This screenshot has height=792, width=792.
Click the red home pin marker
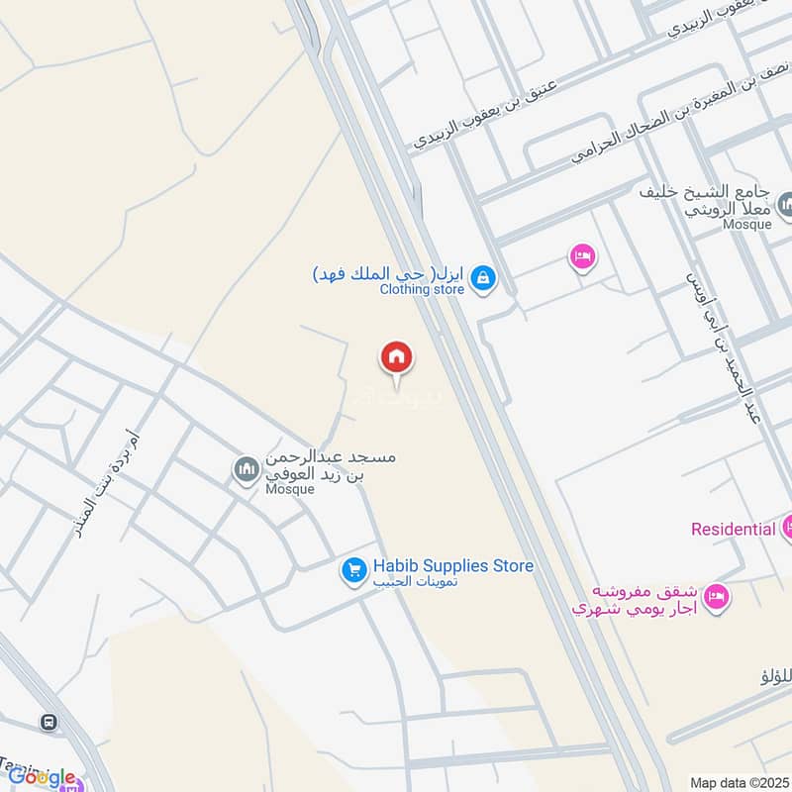pos(397,357)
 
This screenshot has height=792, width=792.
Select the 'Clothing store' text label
pos(422,290)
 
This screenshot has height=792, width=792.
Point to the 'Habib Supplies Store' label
pos(452,565)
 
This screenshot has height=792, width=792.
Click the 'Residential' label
pos(733,529)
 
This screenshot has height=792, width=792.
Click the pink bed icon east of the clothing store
pos(582,257)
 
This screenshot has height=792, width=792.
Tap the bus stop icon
pos(47,722)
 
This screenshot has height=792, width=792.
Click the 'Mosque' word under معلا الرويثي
pos(746,225)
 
